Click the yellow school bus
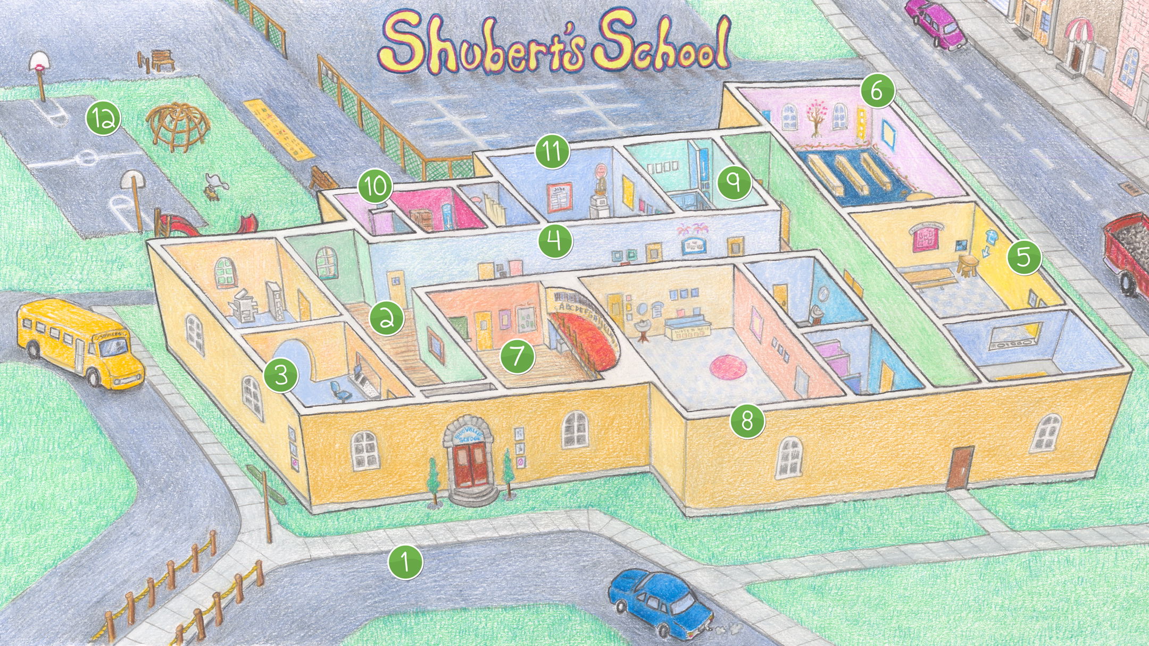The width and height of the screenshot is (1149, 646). tap(80, 343)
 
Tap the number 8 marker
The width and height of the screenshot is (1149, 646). tap(747, 422)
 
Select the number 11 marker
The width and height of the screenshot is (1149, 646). tap(553, 152)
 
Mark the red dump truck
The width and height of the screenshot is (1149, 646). tap(1128, 250)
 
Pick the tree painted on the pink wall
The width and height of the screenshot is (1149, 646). tap(813, 120)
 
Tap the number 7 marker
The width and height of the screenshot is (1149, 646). tap(517, 356)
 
